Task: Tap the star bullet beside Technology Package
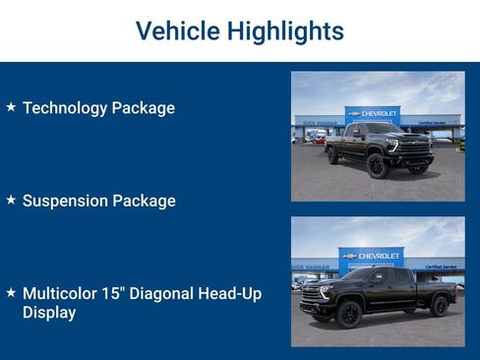click(x=11, y=106)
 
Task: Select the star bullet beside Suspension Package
click(x=11, y=200)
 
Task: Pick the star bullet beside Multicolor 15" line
click(x=11, y=293)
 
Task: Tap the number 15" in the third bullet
click(x=125, y=294)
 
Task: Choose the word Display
click(x=49, y=313)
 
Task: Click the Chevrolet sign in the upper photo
click(x=373, y=114)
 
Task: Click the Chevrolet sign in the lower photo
click(x=371, y=256)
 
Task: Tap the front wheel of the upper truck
click(x=375, y=165)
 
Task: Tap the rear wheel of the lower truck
click(x=440, y=308)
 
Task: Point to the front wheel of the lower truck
click(x=347, y=314)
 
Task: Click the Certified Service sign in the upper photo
click(x=434, y=123)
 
